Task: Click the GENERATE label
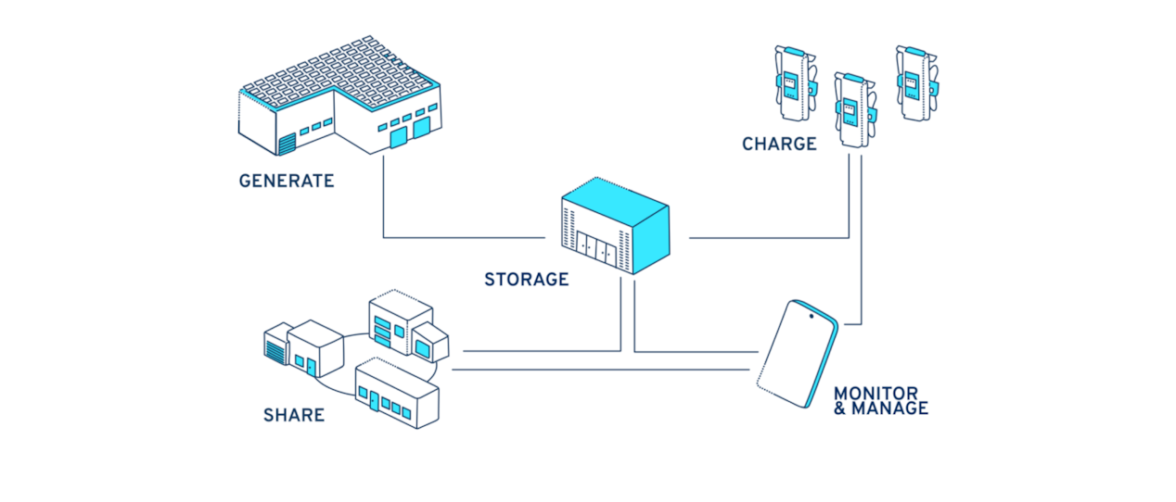[x=286, y=182]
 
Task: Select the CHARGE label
[x=779, y=144]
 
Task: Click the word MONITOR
[x=876, y=394]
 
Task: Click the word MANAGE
[x=889, y=408]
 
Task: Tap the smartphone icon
[x=799, y=353]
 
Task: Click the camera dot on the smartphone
[x=812, y=317]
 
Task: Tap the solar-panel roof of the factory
[x=339, y=70]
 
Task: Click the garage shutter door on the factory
[x=286, y=144]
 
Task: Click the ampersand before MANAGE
[x=840, y=408]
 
